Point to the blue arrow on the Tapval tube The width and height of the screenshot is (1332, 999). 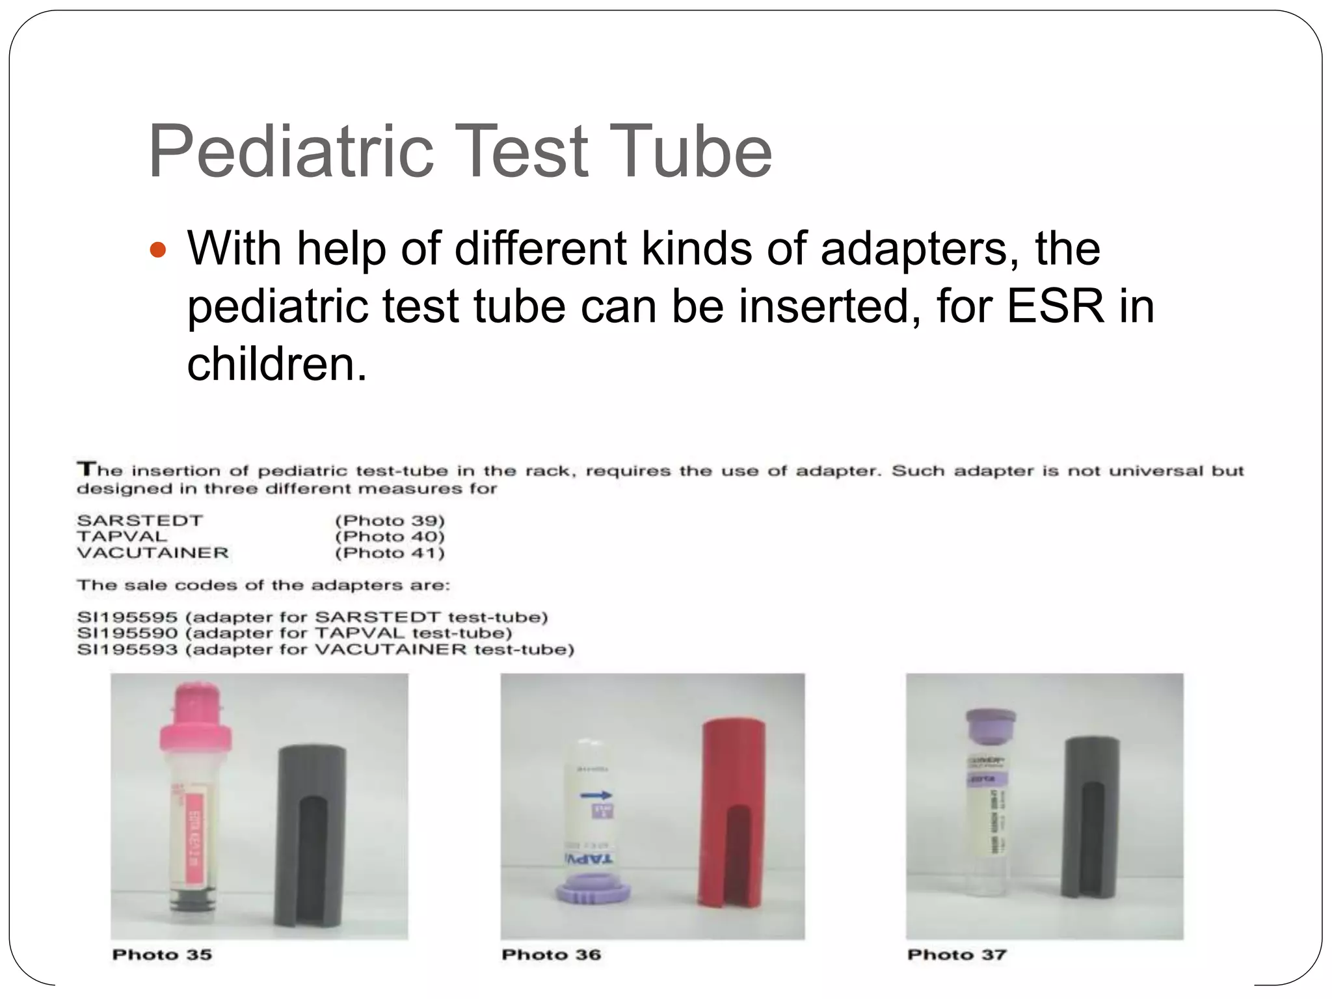click(595, 795)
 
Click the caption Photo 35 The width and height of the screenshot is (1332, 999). click(162, 955)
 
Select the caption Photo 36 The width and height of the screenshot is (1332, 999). click(551, 955)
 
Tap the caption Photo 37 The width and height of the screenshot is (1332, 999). click(957, 955)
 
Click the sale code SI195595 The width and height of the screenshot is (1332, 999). click(127, 617)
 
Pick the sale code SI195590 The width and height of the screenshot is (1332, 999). click(127, 633)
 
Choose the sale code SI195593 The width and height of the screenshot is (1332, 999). click(127, 649)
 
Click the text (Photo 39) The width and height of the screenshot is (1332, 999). click(390, 520)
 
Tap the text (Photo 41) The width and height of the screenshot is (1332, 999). click(390, 553)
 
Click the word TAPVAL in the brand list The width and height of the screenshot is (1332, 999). click(122, 537)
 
